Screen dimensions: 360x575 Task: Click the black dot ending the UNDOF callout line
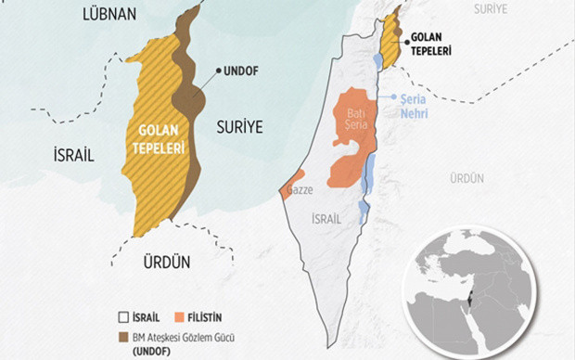pyautogui.click(x=220, y=71)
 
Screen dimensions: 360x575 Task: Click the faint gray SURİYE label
pyautogui.click(x=491, y=8)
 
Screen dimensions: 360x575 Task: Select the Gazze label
pyautogui.click(x=303, y=189)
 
